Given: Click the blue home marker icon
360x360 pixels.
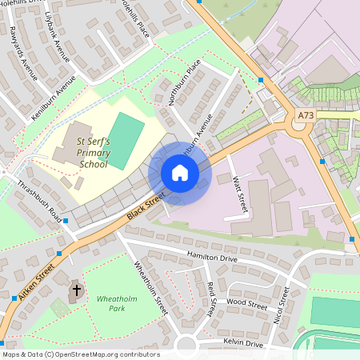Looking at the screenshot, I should coord(179,173).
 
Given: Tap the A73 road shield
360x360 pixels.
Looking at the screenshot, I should coord(306,115).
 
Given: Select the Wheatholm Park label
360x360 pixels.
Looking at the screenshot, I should coord(112,303).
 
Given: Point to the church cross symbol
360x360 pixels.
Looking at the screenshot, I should coord(77,290).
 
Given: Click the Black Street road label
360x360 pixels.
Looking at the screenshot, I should coord(147,206).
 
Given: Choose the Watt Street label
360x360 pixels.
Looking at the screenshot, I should coord(239,195).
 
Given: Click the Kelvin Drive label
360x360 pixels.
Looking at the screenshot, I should coord(243,343).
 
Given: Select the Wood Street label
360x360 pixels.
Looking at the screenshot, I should coord(246,304).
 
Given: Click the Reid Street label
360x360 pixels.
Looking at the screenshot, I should coord(211,298).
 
